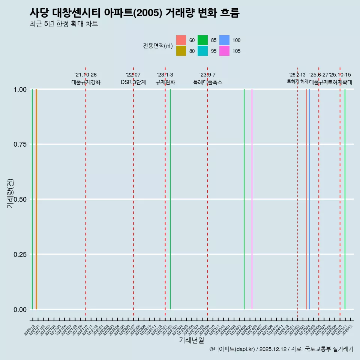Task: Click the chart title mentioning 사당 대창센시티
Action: (x=134, y=13)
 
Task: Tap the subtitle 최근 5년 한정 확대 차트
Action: (x=64, y=24)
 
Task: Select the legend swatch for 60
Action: (x=181, y=40)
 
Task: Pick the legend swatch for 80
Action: (x=181, y=51)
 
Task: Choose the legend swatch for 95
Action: (x=203, y=51)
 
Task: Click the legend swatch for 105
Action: (x=224, y=51)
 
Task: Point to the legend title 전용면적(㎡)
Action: (x=158, y=46)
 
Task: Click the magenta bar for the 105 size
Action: (x=252, y=199)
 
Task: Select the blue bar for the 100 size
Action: (x=309, y=199)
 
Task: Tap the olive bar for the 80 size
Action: (x=36, y=199)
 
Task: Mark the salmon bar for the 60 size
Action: (x=306, y=199)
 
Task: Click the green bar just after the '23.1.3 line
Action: (x=170, y=199)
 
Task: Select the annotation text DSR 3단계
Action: (x=133, y=82)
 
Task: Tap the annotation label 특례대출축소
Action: (x=207, y=82)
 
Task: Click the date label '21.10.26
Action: (x=85, y=75)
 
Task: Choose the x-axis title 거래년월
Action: (x=191, y=340)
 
